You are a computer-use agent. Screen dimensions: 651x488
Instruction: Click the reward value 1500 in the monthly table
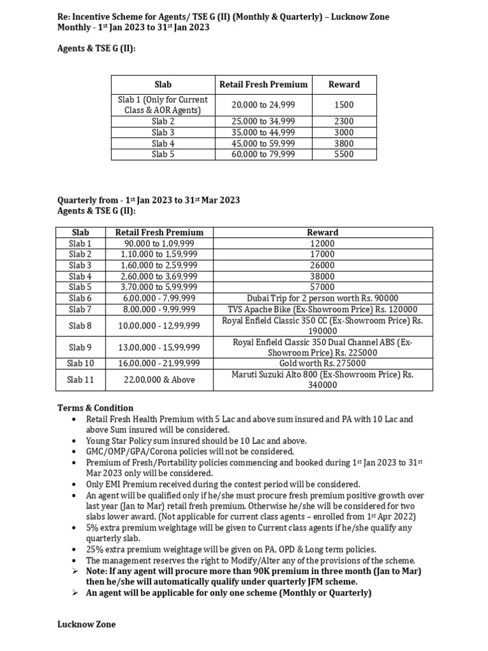pyautogui.click(x=344, y=105)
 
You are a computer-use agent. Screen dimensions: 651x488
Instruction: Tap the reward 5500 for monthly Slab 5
pyautogui.click(x=344, y=154)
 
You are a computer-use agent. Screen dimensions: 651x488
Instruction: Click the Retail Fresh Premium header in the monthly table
pyautogui.click(x=263, y=84)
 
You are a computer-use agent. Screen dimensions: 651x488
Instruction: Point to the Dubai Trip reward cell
pyautogui.click(x=323, y=298)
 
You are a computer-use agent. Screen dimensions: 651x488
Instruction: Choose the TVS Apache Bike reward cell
pyautogui.click(x=323, y=309)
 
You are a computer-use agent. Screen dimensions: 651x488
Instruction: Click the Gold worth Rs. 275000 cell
pyautogui.click(x=323, y=363)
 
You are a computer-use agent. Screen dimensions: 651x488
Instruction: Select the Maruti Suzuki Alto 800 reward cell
pyautogui.click(x=323, y=380)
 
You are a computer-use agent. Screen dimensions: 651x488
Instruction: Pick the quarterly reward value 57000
pyautogui.click(x=323, y=287)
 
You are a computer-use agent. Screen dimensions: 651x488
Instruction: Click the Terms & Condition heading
pyautogui.click(x=95, y=408)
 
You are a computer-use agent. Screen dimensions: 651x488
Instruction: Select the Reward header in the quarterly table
pyautogui.click(x=323, y=233)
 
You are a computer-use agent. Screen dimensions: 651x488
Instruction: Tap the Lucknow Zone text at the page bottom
pyautogui.click(x=86, y=624)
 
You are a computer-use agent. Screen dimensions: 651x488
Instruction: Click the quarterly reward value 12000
pyautogui.click(x=323, y=243)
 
